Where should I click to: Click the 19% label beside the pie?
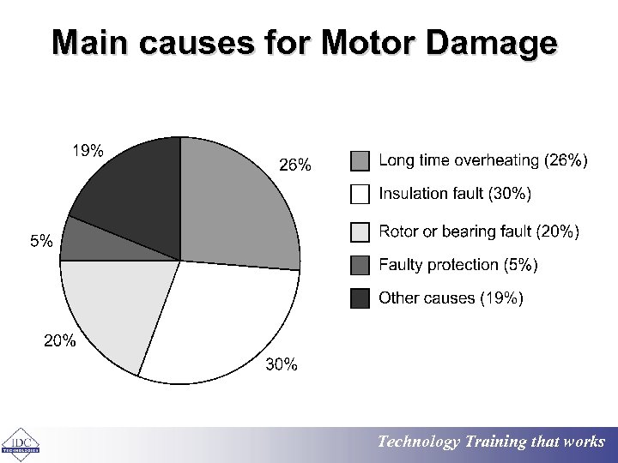coord(87,152)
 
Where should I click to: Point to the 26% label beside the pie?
coord(295,165)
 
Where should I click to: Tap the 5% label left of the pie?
coord(41,242)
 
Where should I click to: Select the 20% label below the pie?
coord(60,341)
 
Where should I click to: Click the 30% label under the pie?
coord(282,365)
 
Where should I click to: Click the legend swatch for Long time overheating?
coord(360,161)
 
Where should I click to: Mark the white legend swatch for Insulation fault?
coord(360,194)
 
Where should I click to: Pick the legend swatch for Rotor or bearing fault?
coord(360,231)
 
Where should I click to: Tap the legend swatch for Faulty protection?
coord(360,265)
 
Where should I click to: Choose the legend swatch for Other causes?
coord(360,298)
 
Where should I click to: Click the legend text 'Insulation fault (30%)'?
coord(455,194)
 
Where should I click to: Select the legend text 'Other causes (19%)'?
coord(451,298)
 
